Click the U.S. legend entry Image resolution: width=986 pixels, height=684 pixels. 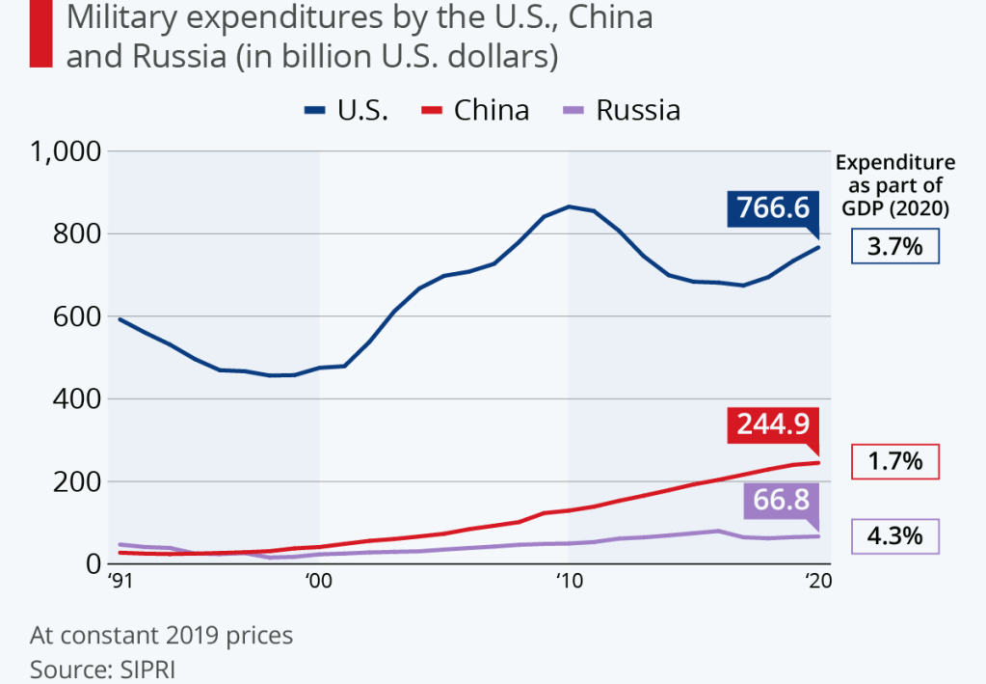(347, 110)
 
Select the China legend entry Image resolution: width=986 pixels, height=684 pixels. (476, 110)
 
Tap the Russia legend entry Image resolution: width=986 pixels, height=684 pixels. (623, 110)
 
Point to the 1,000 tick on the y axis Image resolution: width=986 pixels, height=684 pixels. (66, 151)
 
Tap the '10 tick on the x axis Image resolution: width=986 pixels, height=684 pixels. (569, 582)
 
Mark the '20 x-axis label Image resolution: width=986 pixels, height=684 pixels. (818, 582)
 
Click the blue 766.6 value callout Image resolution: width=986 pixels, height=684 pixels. (773, 207)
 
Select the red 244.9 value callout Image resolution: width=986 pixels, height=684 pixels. (773, 424)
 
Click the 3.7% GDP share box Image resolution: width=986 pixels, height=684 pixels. (895, 247)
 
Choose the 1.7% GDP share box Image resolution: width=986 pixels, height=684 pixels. (895, 461)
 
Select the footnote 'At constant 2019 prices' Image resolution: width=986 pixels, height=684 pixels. (161, 637)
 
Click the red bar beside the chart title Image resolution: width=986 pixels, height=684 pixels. (40, 34)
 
